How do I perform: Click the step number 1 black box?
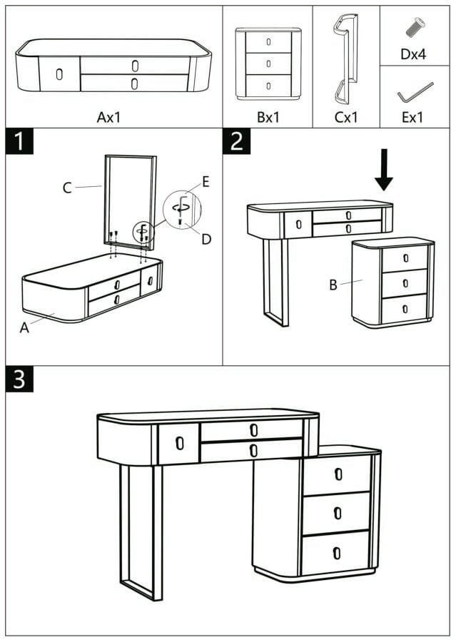[x=19, y=141]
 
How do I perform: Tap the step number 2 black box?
[x=236, y=141]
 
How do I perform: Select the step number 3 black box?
[x=19, y=379]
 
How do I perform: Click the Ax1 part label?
[x=109, y=117]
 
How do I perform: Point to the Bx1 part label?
[x=268, y=117]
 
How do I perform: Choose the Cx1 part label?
[x=346, y=117]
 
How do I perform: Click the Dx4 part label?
[x=413, y=54]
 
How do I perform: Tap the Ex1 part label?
[x=412, y=117]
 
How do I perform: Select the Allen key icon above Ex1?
[x=414, y=92]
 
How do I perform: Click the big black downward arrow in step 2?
[x=384, y=170]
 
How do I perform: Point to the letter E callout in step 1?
[x=206, y=182]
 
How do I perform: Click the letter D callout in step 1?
[x=206, y=239]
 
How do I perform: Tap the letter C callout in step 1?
[x=67, y=188]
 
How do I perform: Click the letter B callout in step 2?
[x=333, y=285]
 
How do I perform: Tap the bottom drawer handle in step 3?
[x=338, y=552]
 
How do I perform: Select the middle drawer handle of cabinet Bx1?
[x=268, y=63]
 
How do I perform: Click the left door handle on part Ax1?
[x=59, y=73]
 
